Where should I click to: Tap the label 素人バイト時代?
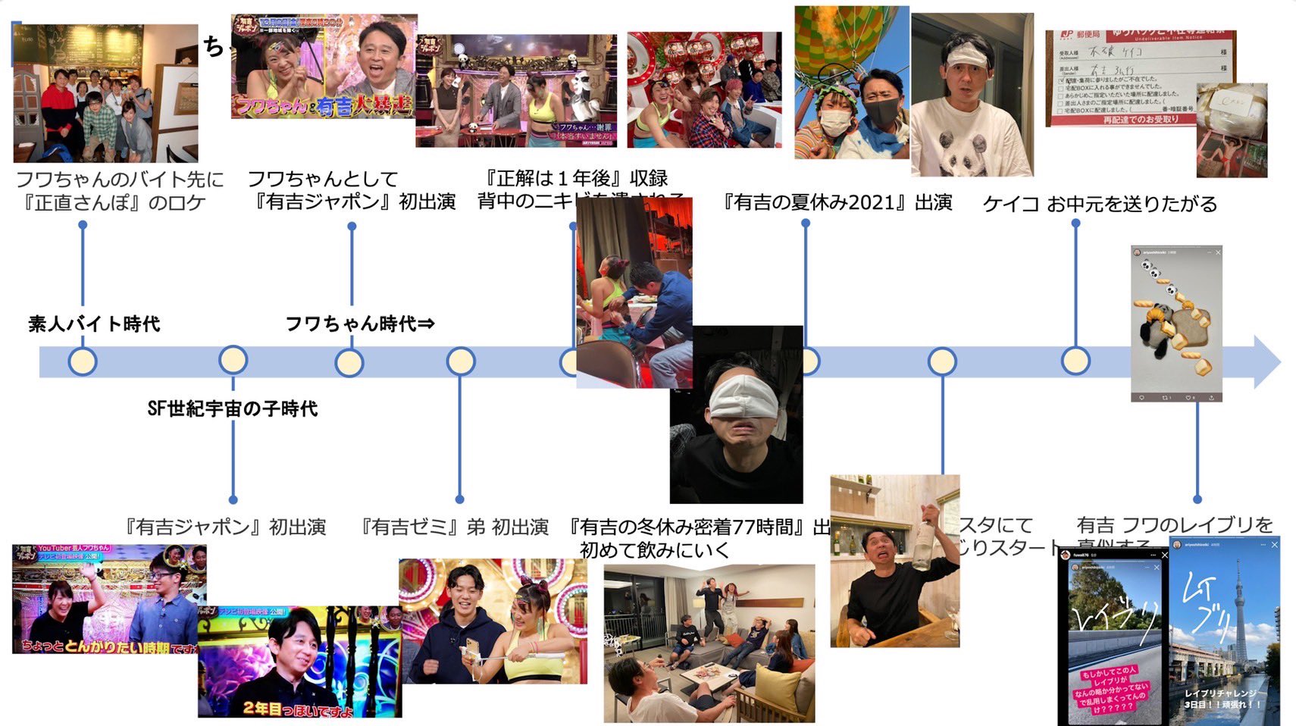click(x=94, y=324)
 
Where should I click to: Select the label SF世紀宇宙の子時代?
click(x=232, y=409)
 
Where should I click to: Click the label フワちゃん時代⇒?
click(x=360, y=324)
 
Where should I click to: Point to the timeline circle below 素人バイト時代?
click(x=82, y=361)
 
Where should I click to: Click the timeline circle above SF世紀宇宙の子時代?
click(x=233, y=361)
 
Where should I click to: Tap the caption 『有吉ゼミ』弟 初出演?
click(x=455, y=527)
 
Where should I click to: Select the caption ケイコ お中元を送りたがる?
click(x=1100, y=204)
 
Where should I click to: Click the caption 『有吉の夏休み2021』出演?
click(x=837, y=202)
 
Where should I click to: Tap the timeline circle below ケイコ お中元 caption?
click(x=1075, y=361)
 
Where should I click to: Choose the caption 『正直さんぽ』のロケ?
click(x=114, y=203)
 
